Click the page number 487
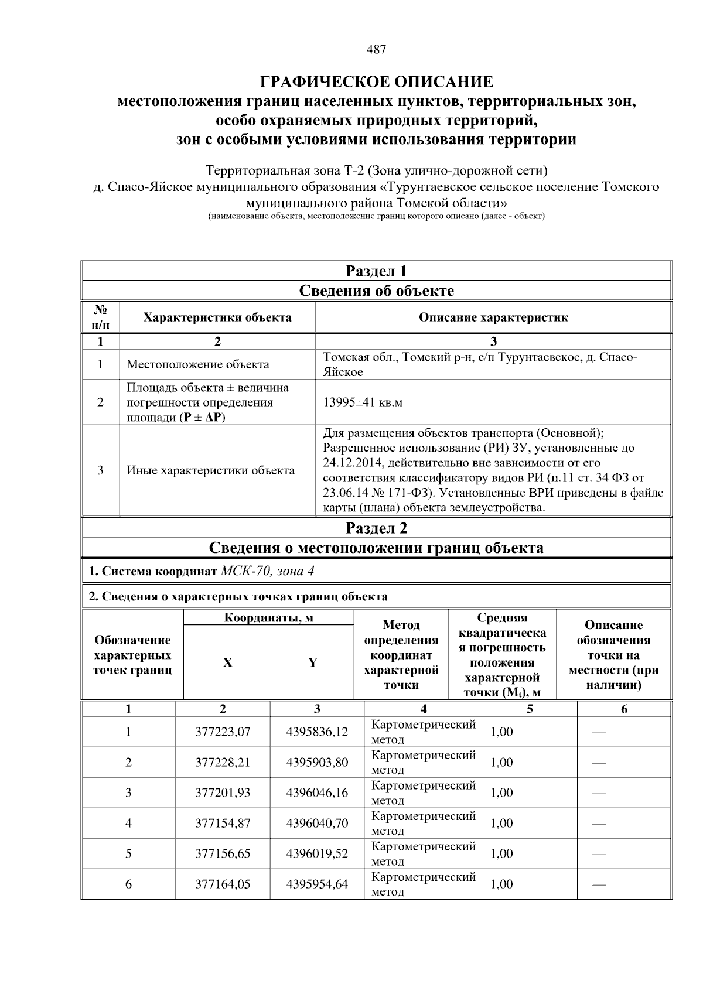coord(376,50)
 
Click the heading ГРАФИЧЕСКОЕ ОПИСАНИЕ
coord(376,81)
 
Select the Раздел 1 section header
coord(376,271)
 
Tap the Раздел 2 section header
coord(376,528)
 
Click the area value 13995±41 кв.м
coord(363,402)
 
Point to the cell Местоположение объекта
coord(198,364)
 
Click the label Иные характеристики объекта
coord(210,470)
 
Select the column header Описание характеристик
coord(493,317)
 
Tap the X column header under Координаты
coord(227,662)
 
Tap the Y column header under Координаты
coord(313,662)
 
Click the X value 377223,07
coord(223,732)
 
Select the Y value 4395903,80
coord(317,762)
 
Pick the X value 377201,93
coord(223,793)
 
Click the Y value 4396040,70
coord(317,823)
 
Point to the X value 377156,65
coord(223,853)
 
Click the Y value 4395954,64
coord(317,884)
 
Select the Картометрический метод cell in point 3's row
coord(423,793)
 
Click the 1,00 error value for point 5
coord(501,853)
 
